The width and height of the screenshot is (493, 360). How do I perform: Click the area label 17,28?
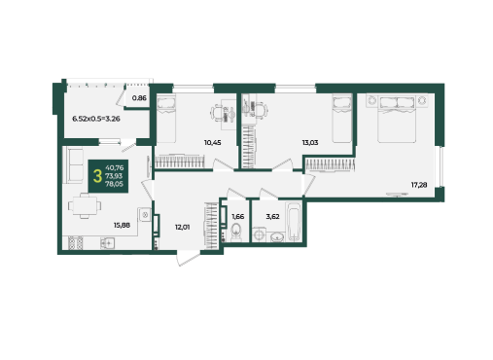click(419, 185)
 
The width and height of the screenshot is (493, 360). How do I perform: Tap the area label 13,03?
click(310, 142)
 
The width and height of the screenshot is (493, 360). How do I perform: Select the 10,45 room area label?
click(213, 142)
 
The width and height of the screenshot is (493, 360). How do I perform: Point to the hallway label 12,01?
click(182, 228)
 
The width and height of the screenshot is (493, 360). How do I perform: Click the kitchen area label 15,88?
click(122, 225)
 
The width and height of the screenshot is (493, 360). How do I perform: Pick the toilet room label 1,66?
click(237, 216)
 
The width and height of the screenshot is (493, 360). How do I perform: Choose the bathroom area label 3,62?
click(272, 216)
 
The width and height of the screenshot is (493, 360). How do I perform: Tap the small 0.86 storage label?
click(139, 97)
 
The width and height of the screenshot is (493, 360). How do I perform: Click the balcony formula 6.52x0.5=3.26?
click(96, 119)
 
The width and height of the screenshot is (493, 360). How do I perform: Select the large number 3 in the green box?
click(97, 176)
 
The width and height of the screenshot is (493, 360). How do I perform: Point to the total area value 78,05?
click(114, 184)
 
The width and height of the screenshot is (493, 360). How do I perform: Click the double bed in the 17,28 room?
click(397, 119)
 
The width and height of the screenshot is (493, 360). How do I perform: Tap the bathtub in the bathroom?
click(294, 221)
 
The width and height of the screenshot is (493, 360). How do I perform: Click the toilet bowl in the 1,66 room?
click(235, 232)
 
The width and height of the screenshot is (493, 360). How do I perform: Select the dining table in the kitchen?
click(85, 206)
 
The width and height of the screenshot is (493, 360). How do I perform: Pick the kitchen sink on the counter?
click(107, 242)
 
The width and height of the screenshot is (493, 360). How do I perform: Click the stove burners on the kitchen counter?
click(76, 243)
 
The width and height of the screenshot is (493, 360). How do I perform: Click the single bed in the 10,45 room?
click(166, 119)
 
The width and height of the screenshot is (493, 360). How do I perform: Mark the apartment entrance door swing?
click(188, 258)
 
